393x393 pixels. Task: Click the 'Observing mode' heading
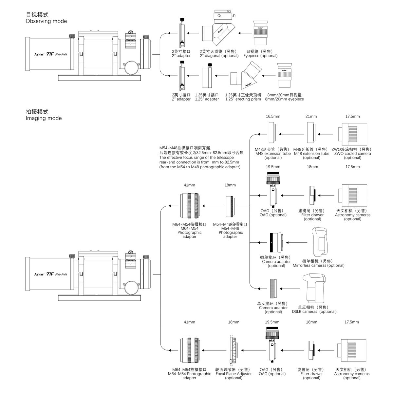[x=46, y=21]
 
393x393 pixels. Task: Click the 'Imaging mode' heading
[x=44, y=118]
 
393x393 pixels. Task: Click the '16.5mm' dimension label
[x=273, y=116]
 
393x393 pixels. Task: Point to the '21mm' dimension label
[x=311, y=116]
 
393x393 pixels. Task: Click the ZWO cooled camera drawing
[x=352, y=134]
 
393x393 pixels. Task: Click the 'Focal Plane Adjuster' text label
[x=234, y=374]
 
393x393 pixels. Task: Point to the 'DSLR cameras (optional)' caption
[x=314, y=311]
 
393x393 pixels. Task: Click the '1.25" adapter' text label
[x=207, y=99]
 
